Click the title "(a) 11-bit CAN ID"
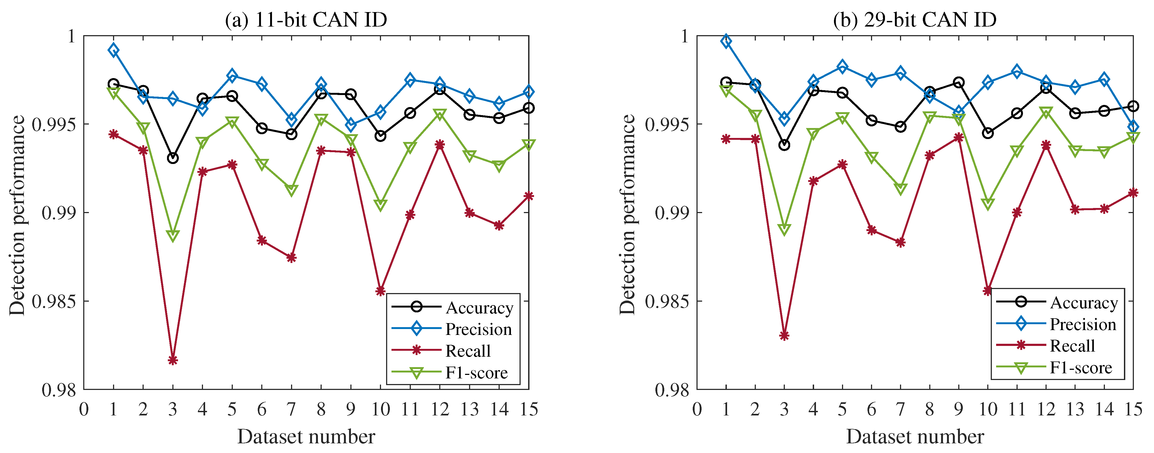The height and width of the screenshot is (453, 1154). [306, 20]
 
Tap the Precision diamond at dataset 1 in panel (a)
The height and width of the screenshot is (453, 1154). [114, 50]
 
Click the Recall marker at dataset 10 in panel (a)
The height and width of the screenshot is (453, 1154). [380, 291]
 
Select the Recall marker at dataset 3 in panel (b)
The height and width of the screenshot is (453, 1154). [784, 335]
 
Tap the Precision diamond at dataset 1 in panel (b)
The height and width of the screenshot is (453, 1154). [726, 41]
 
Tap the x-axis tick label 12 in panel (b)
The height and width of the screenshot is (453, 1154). [1046, 409]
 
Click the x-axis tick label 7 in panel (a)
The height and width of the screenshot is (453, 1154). [291, 409]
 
